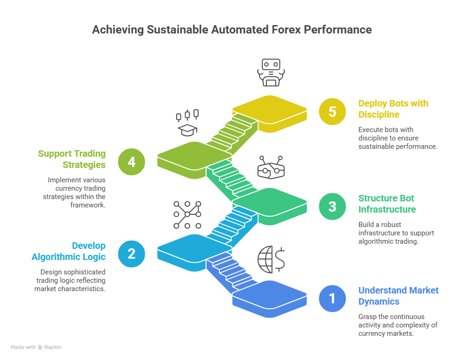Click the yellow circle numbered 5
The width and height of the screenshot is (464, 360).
[332, 112]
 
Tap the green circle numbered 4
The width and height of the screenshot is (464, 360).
[132, 162]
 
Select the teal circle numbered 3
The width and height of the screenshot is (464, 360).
[332, 207]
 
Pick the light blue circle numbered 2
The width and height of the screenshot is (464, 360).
[132, 253]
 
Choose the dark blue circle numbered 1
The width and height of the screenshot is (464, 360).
[332, 299]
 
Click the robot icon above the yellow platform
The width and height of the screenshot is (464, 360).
[271, 73]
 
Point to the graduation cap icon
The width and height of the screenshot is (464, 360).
[187, 130]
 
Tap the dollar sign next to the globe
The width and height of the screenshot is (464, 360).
[279, 260]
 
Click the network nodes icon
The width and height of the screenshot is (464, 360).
[187, 215]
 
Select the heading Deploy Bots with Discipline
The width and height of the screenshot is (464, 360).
[393, 109]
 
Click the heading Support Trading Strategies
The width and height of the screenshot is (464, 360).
[72, 159]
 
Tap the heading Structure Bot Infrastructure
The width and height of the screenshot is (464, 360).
[387, 204]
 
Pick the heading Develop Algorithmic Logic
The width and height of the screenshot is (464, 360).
[68, 251]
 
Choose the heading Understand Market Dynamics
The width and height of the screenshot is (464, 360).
[398, 296]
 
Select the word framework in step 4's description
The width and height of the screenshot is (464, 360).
[88, 205]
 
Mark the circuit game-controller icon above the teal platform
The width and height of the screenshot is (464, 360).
[271, 167]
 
